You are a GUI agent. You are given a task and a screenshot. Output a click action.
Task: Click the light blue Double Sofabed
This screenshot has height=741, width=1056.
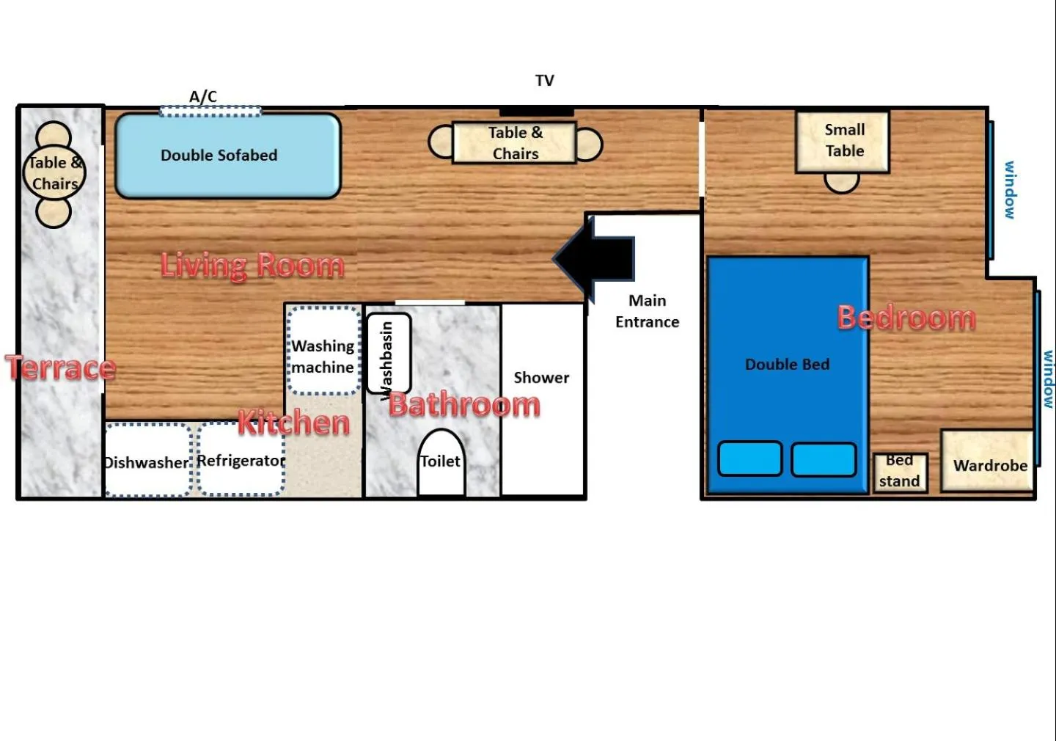click(228, 156)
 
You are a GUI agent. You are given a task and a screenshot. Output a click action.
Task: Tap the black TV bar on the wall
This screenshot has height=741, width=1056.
click(536, 112)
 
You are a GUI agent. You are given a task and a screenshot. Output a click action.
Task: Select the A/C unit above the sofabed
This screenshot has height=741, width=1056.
click(210, 111)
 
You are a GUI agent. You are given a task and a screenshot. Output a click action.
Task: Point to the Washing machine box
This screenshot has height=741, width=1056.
click(323, 351)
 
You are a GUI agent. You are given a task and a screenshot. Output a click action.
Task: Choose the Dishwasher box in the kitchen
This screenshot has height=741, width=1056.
click(148, 461)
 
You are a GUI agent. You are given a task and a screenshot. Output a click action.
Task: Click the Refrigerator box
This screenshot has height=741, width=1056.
click(241, 460)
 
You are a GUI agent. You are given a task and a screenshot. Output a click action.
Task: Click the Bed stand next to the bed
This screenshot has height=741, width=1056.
click(900, 472)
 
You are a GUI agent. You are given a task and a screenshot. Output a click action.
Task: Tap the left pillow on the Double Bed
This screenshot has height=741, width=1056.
click(749, 459)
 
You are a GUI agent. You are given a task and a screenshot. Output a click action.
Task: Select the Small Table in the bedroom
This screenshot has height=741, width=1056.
click(843, 142)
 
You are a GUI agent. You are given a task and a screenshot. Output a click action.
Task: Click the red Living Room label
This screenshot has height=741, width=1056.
click(252, 265)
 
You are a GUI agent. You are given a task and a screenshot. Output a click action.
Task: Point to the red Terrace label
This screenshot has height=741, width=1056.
click(61, 367)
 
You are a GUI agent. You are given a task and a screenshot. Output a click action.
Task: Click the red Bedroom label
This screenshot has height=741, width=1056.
click(906, 318)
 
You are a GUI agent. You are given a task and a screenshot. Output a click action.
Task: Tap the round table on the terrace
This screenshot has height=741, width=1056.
click(55, 173)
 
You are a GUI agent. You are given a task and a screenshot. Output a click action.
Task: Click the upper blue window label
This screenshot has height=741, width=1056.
click(1010, 190)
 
